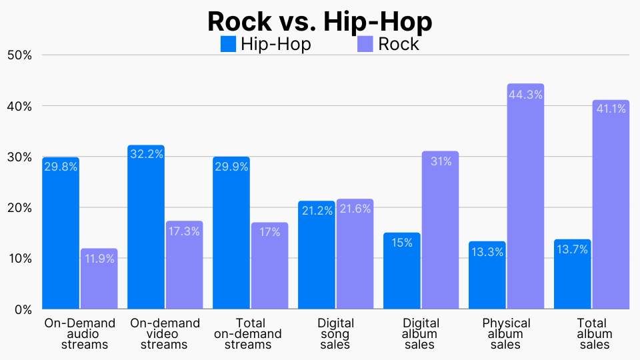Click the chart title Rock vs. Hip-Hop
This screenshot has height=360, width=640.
(x=320, y=21)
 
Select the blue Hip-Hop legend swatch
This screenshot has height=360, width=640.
(x=229, y=45)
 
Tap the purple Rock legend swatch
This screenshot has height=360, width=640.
(x=365, y=45)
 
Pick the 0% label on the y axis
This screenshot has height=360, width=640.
(x=23, y=309)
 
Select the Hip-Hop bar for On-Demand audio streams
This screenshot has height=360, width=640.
(x=61, y=233)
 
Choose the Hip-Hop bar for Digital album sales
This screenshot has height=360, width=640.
(x=402, y=271)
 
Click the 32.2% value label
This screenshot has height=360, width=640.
(x=146, y=154)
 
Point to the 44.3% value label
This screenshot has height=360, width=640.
(x=525, y=95)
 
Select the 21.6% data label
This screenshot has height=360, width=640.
(x=355, y=209)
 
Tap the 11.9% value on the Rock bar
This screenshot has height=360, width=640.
(x=99, y=258)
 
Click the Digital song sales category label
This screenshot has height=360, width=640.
(x=336, y=334)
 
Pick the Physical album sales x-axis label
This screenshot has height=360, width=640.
(x=506, y=334)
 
